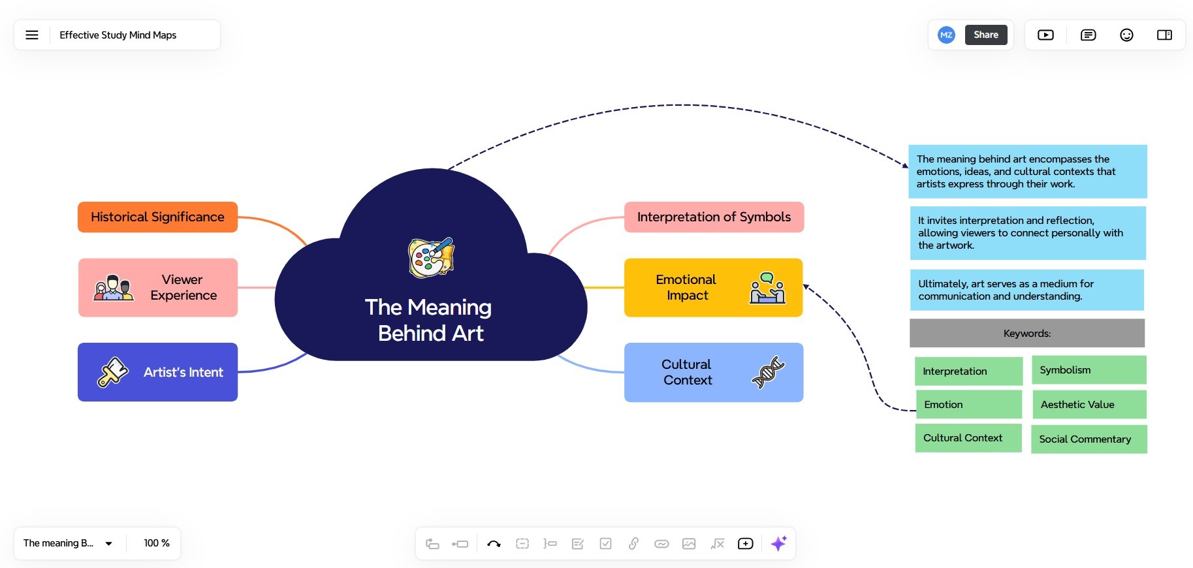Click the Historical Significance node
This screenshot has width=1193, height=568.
click(x=157, y=217)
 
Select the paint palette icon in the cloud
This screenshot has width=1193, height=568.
click(x=431, y=257)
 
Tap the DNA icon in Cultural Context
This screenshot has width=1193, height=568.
click(x=768, y=372)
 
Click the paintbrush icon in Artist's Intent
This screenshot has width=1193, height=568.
click(x=113, y=372)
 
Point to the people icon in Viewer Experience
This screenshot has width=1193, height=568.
click(x=114, y=288)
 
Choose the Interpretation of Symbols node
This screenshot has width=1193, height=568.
click(x=714, y=217)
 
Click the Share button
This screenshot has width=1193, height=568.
click(x=986, y=35)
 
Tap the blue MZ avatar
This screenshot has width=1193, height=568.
click(x=946, y=35)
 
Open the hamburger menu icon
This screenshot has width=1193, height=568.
click(x=32, y=35)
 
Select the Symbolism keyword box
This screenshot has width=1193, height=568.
click(x=1089, y=370)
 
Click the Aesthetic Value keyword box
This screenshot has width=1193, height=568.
click(x=1089, y=405)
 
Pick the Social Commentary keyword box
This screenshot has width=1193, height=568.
click(x=1089, y=439)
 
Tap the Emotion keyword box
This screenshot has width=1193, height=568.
click(x=969, y=405)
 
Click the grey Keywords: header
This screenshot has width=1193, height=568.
click(x=1027, y=333)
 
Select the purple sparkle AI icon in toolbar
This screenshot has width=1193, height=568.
click(x=778, y=543)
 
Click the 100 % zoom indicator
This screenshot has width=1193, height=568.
click(x=157, y=543)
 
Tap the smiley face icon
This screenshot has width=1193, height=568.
click(x=1126, y=35)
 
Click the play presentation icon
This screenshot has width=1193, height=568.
click(x=1045, y=35)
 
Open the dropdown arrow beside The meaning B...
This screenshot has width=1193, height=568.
click(x=109, y=543)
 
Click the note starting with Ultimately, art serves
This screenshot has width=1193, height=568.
click(x=1026, y=290)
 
